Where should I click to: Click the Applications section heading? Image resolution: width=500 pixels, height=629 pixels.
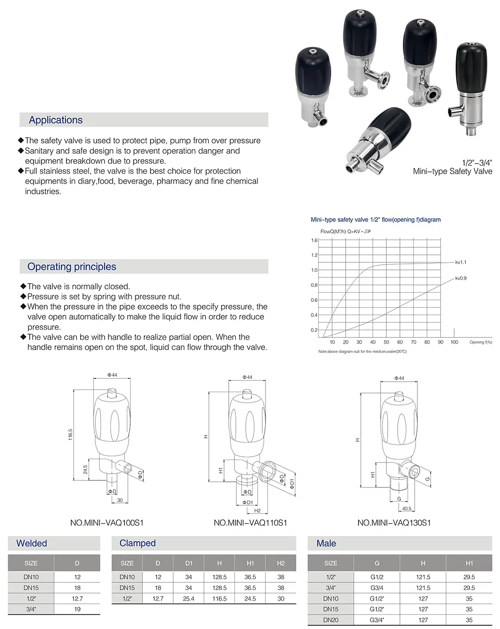coord(56,120)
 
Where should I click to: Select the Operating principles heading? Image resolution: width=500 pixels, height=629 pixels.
coord(72,267)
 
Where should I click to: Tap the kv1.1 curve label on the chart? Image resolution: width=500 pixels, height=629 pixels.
coord(460,262)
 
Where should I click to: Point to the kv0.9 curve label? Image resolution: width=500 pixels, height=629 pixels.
coord(460,278)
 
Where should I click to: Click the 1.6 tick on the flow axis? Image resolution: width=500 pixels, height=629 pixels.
coord(314,240)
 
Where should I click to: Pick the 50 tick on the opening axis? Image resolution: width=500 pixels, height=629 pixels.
coord(386,342)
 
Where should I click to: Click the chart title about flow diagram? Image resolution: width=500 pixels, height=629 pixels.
coord(375,219)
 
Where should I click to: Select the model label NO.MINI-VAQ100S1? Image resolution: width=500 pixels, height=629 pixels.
coord(107,523)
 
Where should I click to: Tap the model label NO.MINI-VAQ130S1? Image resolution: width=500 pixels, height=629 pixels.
coord(394,523)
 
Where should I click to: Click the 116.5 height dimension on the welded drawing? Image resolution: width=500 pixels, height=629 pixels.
coord(71,435)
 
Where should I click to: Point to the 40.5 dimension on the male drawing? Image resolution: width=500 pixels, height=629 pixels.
coord(406,509)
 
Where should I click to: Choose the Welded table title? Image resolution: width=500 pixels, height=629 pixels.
coord(32,544)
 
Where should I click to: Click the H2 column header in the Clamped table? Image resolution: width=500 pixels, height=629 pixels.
coord(281,563)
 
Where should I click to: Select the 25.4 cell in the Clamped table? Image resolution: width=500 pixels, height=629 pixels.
coord(189,598)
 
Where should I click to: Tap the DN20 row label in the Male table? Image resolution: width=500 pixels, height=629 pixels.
coord(331,620)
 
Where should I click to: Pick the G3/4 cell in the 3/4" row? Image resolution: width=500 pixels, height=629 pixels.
coord(377,588)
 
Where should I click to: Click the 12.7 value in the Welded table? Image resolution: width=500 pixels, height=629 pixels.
coord(77,598)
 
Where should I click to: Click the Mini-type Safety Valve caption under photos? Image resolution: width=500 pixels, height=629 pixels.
coord(452,171)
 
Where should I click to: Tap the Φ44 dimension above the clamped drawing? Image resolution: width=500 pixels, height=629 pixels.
coord(247,377)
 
